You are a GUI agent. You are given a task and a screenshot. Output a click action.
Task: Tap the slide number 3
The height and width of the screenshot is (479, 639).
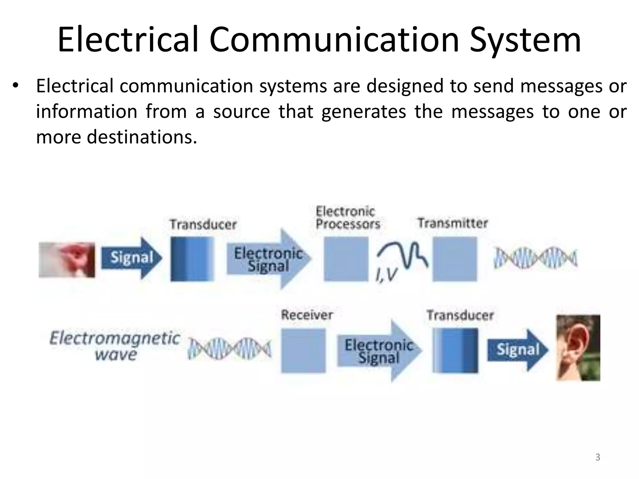[x=598, y=457]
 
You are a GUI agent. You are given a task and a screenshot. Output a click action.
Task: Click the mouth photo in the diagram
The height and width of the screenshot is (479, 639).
[x=67, y=260]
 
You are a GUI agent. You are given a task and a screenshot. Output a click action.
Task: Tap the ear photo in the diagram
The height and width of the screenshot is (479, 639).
[x=578, y=348]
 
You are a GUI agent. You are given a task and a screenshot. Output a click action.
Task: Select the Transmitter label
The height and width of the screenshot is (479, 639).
[x=452, y=223]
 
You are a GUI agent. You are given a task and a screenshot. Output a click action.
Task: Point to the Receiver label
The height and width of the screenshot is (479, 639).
[x=307, y=315]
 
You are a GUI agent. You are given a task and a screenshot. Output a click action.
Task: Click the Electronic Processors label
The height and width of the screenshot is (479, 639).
[x=348, y=218]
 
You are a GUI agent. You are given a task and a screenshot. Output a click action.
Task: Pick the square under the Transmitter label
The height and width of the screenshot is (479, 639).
[x=455, y=259]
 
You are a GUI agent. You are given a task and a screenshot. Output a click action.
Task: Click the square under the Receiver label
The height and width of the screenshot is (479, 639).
[x=303, y=350]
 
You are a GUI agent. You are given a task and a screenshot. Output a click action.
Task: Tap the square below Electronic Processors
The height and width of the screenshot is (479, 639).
[x=346, y=259]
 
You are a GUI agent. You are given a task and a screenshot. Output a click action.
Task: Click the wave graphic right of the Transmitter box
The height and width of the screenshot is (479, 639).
[x=535, y=258]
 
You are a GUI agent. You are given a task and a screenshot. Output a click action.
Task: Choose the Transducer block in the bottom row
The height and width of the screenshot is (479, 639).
[x=455, y=350]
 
